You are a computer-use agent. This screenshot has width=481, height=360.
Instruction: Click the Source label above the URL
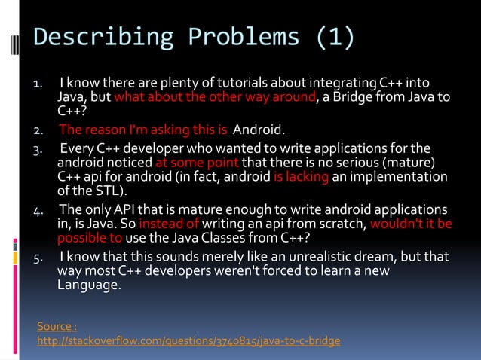[56, 325]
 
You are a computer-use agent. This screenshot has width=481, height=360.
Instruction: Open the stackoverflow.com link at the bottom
[188, 341]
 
